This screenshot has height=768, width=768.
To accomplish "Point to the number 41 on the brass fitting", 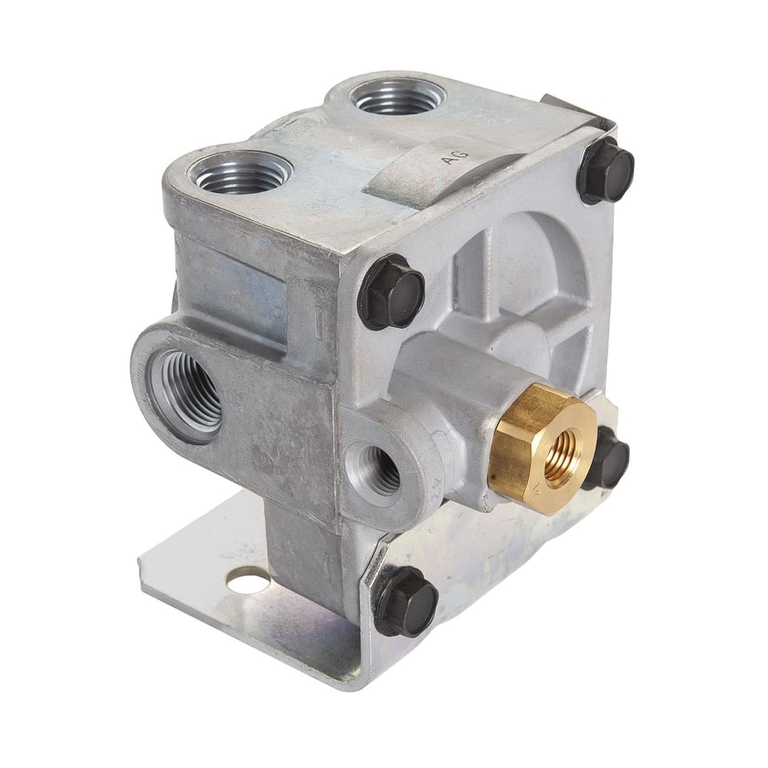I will pyautogui.click(x=538, y=490).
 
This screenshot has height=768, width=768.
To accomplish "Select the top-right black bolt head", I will pyautogui.click(x=605, y=171).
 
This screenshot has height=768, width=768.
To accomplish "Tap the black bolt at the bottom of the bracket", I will pyautogui.click(x=406, y=602).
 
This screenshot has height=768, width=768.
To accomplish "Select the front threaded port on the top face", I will pyautogui.click(x=240, y=173).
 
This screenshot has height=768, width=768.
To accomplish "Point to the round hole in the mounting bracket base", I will pyautogui.click(x=248, y=582).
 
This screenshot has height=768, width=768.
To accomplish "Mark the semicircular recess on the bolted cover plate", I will pyautogui.click(x=526, y=263).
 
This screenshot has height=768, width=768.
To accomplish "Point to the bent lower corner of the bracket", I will pyautogui.click(x=356, y=676).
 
